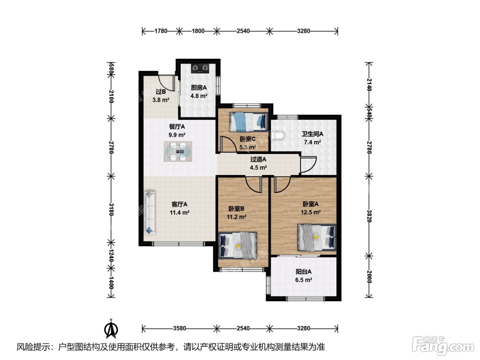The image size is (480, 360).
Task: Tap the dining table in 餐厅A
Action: (x=178, y=151)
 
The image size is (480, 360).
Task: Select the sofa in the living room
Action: (x=150, y=213)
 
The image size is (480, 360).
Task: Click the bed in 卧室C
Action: (x=249, y=122)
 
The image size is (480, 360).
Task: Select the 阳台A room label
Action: (x=303, y=272)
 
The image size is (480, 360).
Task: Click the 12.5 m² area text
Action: (x=311, y=212)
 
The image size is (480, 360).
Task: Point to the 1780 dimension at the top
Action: (x=161, y=31)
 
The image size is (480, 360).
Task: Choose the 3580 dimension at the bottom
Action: (x=179, y=328)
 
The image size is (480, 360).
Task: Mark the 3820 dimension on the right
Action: (x=369, y=216)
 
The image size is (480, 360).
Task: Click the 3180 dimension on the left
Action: (x=111, y=209)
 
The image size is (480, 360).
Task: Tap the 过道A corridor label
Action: (x=258, y=159)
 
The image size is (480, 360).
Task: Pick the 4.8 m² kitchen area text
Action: (x=199, y=96)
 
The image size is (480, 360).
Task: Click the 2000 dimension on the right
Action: (x=369, y=277)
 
